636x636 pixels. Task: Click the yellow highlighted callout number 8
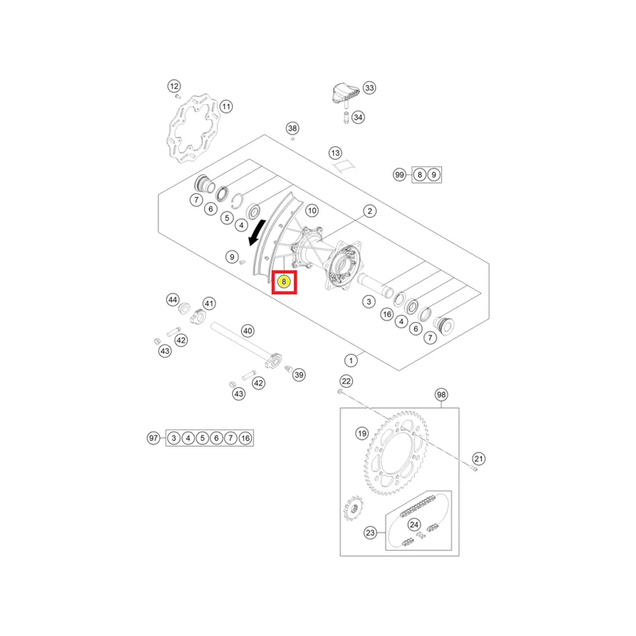284,281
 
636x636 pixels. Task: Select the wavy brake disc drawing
192,129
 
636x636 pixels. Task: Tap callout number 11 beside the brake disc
226,107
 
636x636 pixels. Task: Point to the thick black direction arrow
257,233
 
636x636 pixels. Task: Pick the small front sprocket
354,509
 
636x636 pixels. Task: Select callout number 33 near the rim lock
369,87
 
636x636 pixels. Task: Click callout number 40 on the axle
248,331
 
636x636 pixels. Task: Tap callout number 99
400,175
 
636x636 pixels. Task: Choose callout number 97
153,438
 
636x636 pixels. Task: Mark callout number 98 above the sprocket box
441,394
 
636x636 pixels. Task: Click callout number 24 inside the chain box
413,525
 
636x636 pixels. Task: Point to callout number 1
351,360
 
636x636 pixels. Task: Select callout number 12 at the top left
174,86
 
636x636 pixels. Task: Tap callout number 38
293,128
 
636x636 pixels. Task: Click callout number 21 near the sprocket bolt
479,459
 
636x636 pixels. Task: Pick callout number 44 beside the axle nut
173,300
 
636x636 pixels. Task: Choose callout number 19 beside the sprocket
362,433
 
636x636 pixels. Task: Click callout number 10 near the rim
312,211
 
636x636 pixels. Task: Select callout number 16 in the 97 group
246,438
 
